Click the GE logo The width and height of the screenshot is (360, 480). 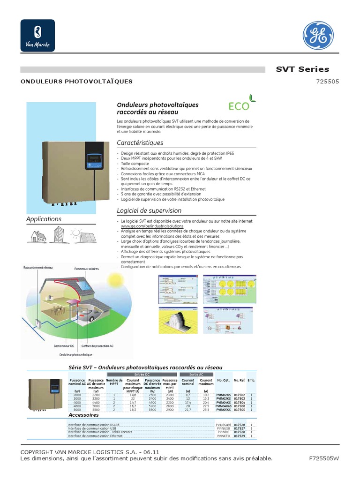319,36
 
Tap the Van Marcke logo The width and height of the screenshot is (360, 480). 37,36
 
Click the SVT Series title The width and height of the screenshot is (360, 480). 302,69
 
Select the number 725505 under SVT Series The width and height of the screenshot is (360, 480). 328,81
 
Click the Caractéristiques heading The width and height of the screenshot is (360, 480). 140,143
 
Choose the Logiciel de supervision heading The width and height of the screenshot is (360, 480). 149,211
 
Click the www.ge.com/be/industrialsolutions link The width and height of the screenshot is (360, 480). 149,226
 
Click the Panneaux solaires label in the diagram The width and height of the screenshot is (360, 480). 86,269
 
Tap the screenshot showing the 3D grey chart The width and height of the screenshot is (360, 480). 178,320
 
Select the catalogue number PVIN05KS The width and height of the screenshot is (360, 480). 223,409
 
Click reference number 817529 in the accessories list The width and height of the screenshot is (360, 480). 239,436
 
